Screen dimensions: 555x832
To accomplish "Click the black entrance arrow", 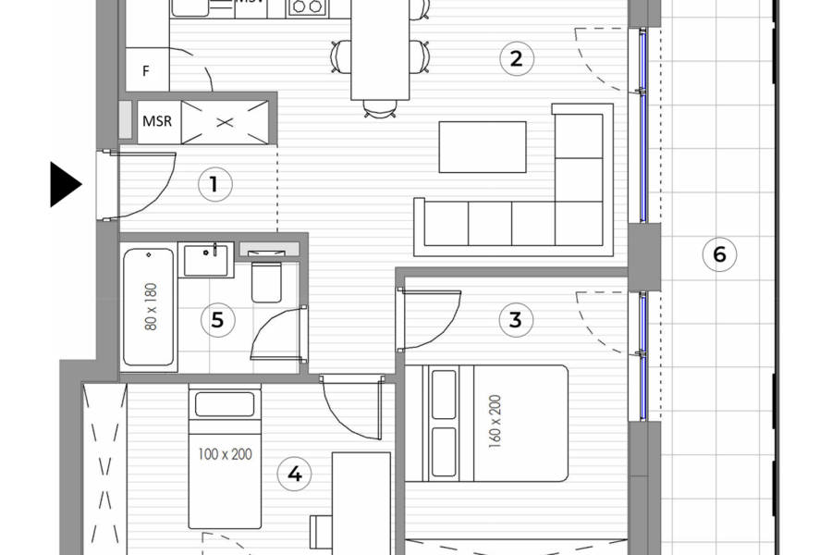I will click(65, 184).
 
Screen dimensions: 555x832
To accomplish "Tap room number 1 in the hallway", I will click(214, 184).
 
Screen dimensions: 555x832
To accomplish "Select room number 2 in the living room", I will click(516, 59).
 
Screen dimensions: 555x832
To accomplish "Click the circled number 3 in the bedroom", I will click(516, 320).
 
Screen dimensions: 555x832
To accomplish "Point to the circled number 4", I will click(294, 475).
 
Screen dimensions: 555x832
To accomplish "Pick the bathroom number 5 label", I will click(218, 320).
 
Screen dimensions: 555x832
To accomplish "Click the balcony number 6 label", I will click(720, 253).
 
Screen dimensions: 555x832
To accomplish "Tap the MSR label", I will click(157, 121).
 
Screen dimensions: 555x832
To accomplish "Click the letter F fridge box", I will click(146, 70).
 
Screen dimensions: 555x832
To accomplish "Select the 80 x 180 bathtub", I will click(149, 308).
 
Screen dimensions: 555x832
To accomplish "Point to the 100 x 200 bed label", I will click(225, 454).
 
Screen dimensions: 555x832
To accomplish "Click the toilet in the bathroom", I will click(267, 283).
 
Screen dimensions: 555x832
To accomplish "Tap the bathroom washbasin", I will click(208, 259).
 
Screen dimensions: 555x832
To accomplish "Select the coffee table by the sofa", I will click(482, 147).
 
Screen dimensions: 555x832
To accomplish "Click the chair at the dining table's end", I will click(378, 110).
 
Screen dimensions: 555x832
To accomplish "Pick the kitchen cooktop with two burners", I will click(306, 7).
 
